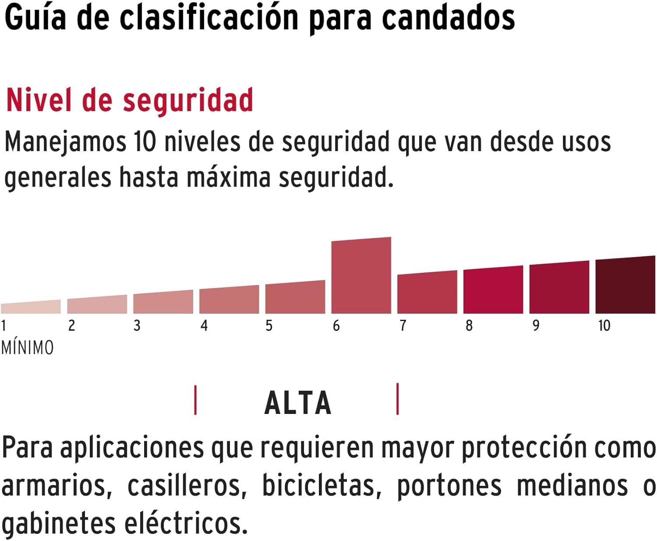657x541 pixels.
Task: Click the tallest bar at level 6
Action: tap(361, 276)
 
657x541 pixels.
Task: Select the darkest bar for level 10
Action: tap(625, 285)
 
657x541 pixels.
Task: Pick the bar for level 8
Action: tap(493, 290)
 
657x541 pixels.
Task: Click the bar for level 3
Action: tap(163, 302)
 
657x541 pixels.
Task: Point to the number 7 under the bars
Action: tap(403, 325)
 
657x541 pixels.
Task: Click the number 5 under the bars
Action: tap(269, 325)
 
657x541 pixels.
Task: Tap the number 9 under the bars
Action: tap(536, 325)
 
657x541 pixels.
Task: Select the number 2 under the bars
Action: tap(71, 325)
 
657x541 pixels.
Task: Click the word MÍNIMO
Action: tap(28, 348)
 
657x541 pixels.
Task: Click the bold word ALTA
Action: tap(298, 403)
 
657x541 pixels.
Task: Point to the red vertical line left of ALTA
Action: tap(195, 400)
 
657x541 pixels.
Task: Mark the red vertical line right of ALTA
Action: tap(397, 399)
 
